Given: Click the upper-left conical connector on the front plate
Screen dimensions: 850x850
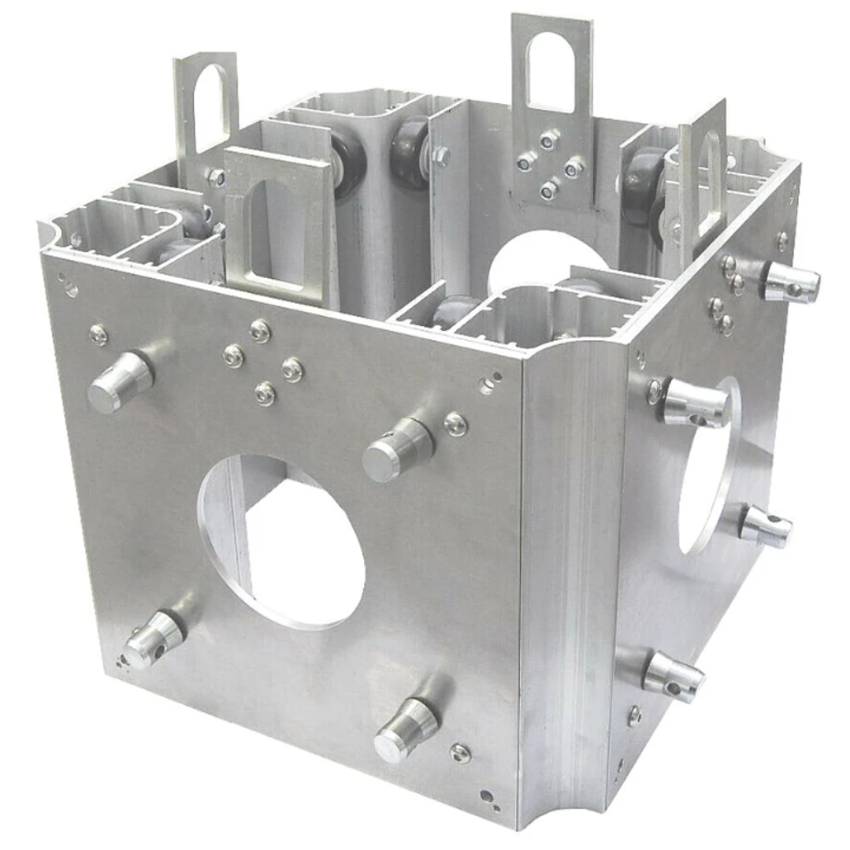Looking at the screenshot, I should click(119, 382).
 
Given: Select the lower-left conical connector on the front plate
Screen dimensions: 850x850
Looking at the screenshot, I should click(154, 638).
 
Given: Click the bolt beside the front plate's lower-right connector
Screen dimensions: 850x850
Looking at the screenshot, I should click(460, 752).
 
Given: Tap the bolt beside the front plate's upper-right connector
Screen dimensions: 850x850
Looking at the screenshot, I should click(456, 424).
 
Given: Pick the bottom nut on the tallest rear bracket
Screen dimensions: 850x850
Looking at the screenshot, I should click(549, 190).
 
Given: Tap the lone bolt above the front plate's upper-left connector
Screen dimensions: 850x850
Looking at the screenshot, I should click(99, 335).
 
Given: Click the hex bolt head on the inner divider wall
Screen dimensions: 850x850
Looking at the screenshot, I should click(442, 155).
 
